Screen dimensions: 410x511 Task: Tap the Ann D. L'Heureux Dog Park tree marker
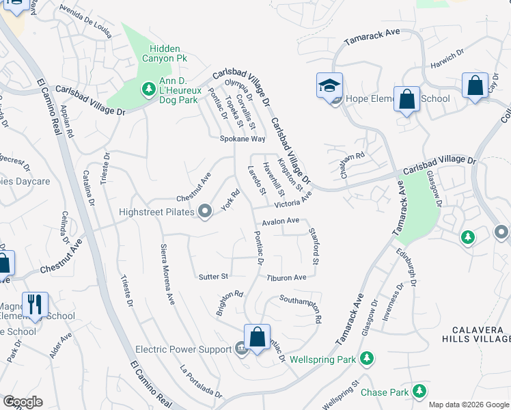(x=148, y=88)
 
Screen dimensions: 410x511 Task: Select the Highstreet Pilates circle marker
(x=204, y=211)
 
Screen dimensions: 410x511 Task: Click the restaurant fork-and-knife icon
(x=35, y=303)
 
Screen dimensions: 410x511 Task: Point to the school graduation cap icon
(x=329, y=87)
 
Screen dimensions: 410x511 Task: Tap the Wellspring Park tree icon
(x=367, y=358)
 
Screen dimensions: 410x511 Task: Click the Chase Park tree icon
(x=418, y=392)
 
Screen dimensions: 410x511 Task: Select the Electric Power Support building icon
(x=240, y=349)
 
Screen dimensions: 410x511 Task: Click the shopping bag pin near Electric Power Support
(x=257, y=337)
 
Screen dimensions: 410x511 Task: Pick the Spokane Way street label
(x=242, y=139)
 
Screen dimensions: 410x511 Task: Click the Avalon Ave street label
(x=281, y=221)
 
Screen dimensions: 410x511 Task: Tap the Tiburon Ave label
(x=286, y=277)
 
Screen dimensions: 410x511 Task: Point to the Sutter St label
(x=212, y=277)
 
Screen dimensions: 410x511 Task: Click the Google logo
(x=23, y=402)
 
